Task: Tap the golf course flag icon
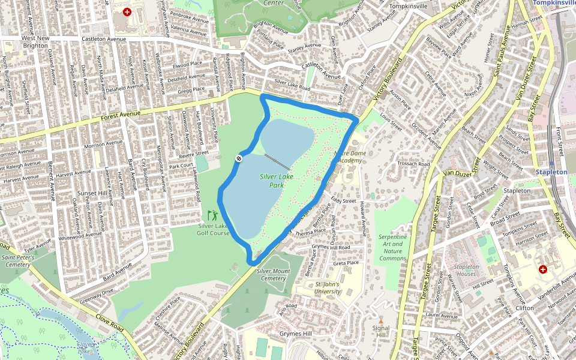coord(212,215)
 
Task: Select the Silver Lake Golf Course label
coord(214,229)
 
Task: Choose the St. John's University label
coord(328,288)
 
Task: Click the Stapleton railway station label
coord(552,172)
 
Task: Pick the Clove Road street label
coord(109,322)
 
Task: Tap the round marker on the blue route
coord(239,158)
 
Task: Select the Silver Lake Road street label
coord(292,87)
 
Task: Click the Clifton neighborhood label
coord(524,308)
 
